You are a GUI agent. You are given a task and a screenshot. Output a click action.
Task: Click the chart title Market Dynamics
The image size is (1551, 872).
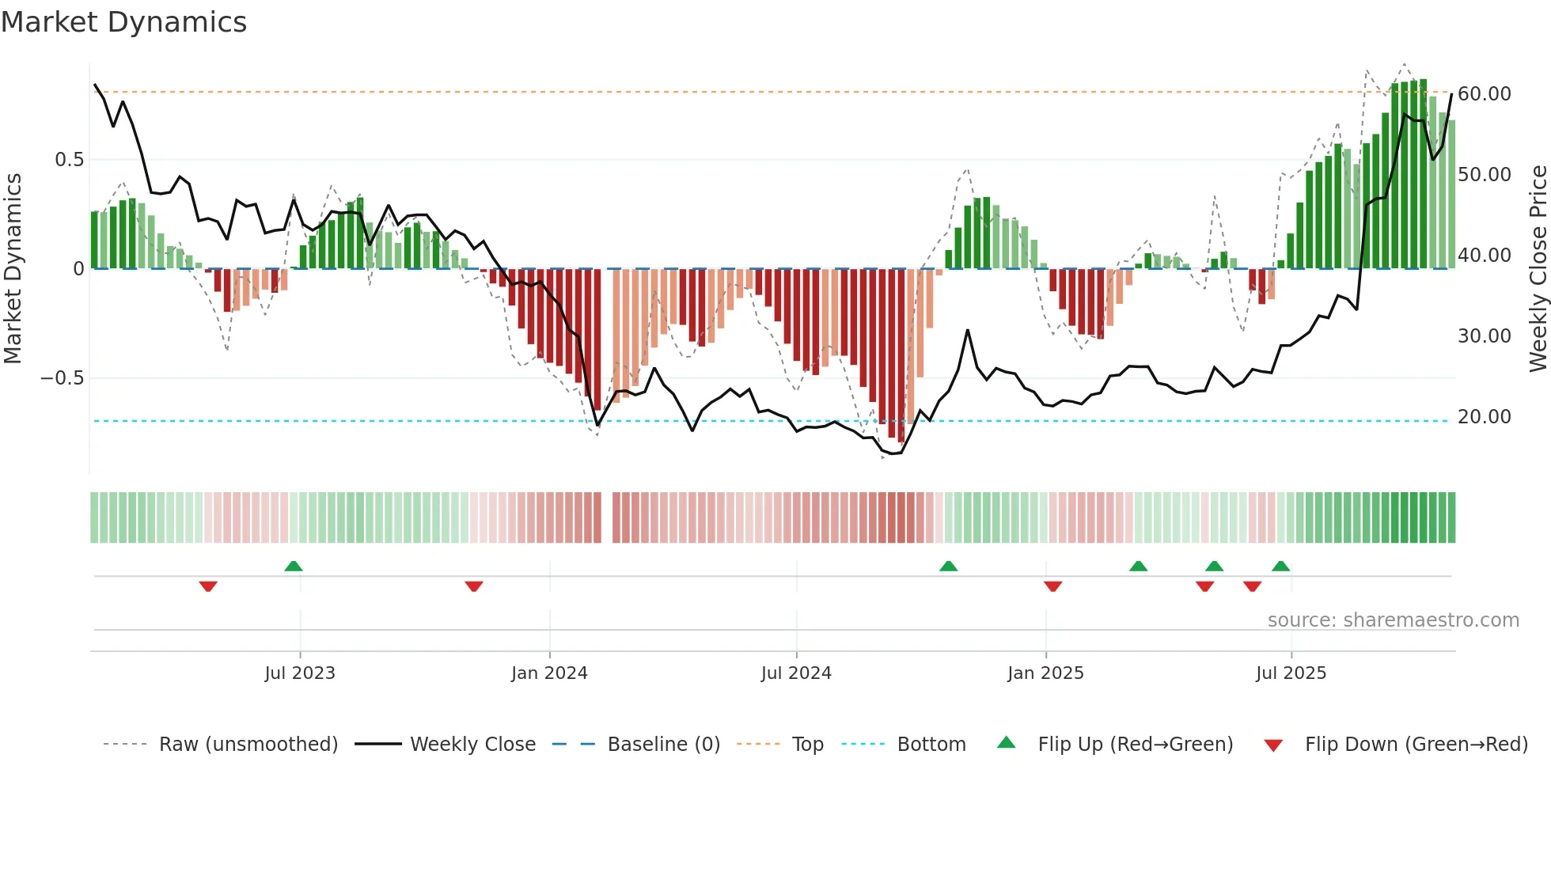point(124,22)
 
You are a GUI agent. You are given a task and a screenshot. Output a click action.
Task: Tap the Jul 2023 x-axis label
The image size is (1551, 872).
point(300,673)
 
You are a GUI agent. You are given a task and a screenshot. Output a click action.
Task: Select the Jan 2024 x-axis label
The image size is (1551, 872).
point(549,673)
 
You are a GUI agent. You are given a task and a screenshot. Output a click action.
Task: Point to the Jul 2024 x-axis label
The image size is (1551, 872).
point(796,673)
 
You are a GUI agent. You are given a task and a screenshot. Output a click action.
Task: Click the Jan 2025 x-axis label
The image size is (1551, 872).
point(1045,673)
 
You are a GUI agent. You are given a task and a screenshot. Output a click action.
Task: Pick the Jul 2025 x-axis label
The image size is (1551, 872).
point(1291,673)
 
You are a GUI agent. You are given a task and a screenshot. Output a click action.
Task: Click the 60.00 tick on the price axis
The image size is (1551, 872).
point(1484,94)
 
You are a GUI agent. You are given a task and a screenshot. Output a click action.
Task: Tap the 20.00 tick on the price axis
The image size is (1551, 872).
point(1484,417)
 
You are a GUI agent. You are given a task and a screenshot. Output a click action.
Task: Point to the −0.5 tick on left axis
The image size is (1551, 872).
point(63,378)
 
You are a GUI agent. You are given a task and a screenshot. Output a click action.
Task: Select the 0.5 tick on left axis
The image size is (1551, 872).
point(69,160)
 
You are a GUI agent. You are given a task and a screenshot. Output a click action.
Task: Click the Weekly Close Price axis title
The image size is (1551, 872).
point(1538,268)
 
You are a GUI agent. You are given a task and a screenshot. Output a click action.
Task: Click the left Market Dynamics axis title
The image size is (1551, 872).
point(13,268)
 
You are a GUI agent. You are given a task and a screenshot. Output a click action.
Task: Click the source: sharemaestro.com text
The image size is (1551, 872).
point(1393,620)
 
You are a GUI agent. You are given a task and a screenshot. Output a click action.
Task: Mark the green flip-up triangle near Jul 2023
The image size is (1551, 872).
point(294,566)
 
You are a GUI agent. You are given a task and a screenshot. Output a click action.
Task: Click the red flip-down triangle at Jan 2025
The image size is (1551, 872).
point(1052,586)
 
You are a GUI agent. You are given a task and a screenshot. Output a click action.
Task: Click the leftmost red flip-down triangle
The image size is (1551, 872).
point(208,586)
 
